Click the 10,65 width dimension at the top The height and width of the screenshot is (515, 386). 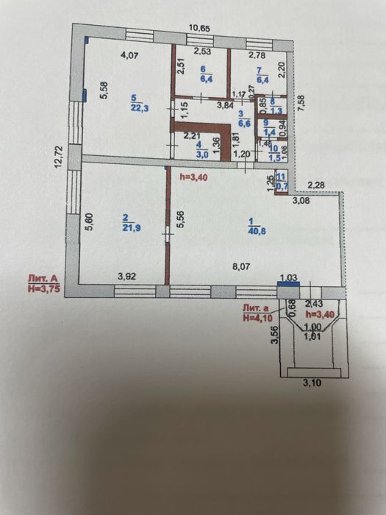[199, 28]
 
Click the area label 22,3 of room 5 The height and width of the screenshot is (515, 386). [134, 103]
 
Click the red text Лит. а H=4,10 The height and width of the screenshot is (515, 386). [257, 313]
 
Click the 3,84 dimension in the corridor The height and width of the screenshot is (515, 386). [204, 106]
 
